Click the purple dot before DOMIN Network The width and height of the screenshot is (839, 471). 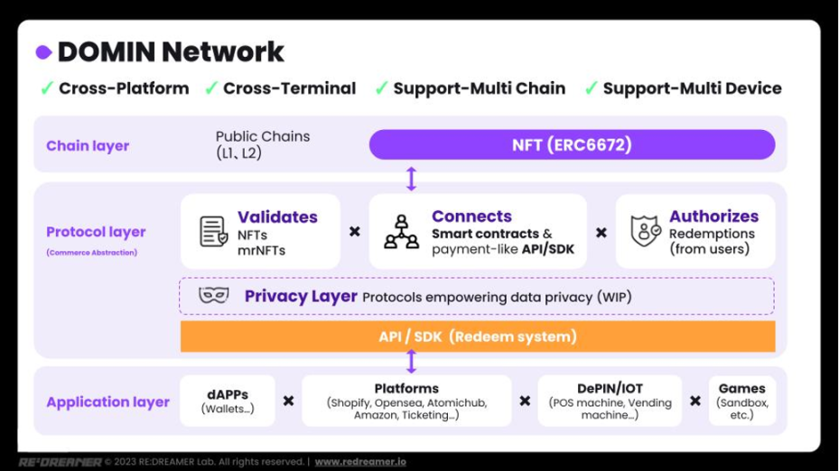(44, 52)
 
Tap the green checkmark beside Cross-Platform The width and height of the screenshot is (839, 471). (47, 88)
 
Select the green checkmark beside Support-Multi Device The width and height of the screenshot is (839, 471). (592, 88)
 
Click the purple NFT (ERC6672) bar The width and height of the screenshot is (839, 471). (572, 144)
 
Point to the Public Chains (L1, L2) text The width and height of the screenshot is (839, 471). (263, 144)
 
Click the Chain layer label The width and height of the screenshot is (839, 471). (88, 145)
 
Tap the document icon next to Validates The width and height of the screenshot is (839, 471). (213, 231)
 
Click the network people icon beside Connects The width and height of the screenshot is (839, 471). (401, 232)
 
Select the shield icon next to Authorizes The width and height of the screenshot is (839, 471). (646, 231)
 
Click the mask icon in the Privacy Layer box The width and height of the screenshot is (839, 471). (213, 295)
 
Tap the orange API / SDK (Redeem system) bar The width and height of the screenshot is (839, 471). (478, 337)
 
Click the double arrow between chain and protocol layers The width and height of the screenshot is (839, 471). (411, 179)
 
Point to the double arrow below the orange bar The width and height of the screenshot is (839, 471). (411, 361)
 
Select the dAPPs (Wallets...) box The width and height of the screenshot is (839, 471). (228, 401)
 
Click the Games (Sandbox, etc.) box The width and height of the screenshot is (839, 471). (742, 401)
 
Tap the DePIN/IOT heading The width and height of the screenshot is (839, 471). (610, 389)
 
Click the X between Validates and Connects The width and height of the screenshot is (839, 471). (355, 232)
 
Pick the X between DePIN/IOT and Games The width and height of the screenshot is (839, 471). (695, 401)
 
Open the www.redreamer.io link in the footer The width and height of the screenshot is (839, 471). (360, 461)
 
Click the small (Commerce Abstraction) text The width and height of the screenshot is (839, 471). (91, 253)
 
